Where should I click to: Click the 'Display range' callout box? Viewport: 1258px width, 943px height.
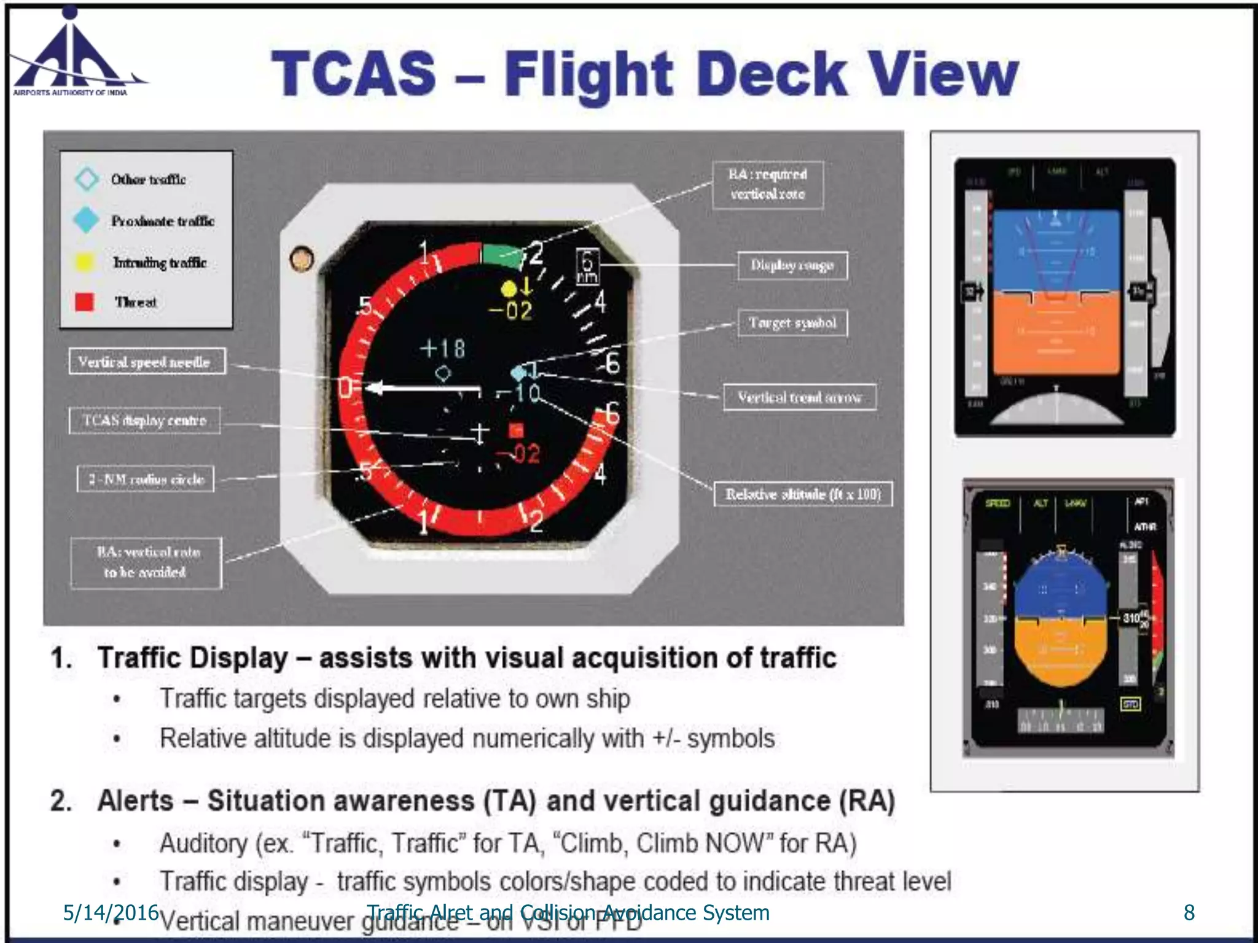click(792, 266)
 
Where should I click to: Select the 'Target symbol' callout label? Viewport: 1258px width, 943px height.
click(792, 323)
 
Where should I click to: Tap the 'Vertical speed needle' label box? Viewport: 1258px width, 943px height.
click(147, 362)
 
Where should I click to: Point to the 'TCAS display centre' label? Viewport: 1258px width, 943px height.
click(144, 421)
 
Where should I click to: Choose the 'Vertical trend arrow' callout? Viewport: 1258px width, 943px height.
click(799, 397)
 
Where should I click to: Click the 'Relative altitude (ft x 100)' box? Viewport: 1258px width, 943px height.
click(803, 494)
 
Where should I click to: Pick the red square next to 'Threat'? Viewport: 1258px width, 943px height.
click(85, 301)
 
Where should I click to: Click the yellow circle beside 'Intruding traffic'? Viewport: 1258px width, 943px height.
click(85, 262)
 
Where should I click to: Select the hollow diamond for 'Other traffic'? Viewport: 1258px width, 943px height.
click(87, 179)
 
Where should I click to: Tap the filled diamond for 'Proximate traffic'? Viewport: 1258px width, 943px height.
click(86, 220)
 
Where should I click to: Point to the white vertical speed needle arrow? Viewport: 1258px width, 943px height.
click(424, 388)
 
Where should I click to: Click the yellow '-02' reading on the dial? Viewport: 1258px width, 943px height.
click(510, 311)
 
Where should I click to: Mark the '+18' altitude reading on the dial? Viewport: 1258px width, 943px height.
click(442, 349)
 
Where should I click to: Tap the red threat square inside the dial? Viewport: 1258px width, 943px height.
click(516, 430)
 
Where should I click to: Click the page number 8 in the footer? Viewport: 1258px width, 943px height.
click(1189, 913)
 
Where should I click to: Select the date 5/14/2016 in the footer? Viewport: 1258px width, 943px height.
click(111, 913)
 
